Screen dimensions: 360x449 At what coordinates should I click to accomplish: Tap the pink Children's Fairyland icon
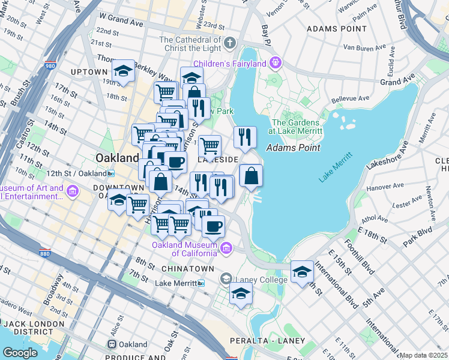click(276, 61)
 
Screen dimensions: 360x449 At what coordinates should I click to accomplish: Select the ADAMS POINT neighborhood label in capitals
click(336, 28)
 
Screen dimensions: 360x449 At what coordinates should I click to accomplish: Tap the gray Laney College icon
click(226, 278)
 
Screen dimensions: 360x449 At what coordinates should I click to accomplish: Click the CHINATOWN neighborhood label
click(188, 268)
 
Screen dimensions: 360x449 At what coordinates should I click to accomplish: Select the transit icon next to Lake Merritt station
click(201, 283)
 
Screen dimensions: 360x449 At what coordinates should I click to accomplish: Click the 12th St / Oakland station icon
click(110, 173)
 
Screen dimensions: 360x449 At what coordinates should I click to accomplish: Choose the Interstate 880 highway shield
click(44, 253)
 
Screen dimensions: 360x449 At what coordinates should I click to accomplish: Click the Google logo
click(20, 353)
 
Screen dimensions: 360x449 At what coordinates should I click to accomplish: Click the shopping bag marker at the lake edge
click(251, 176)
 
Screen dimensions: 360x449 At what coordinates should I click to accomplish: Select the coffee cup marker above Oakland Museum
click(213, 227)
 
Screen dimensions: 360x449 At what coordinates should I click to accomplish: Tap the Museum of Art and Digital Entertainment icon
click(73, 192)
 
